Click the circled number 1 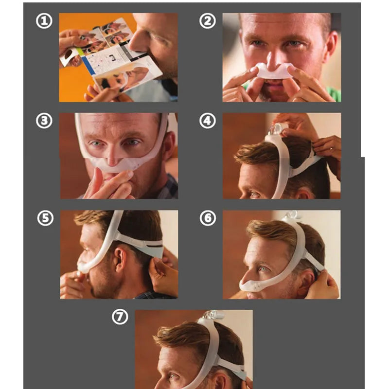click(44, 21)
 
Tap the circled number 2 click(208, 21)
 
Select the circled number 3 click(44, 121)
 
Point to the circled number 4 click(208, 121)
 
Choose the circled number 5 click(45, 218)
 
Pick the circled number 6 click(208, 218)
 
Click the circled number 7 click(120, 317)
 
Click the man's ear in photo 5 click(121, 259)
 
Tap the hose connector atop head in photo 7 click(213, 315)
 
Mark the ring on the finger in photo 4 click(331, 149)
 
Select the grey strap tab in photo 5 click(153, 250)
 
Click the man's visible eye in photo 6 click(263, 269)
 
